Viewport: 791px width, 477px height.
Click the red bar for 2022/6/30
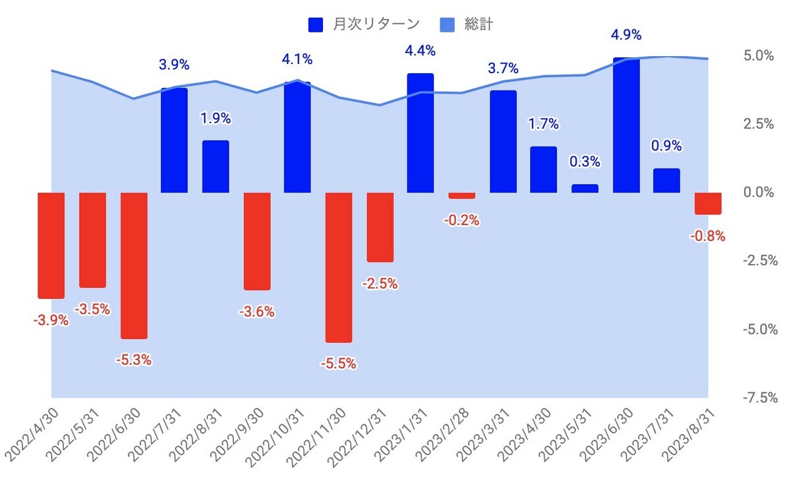[x=134, y=266]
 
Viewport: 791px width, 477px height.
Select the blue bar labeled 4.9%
[x=626, y=125]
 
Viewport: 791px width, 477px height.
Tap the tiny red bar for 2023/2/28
[x=461, y=196]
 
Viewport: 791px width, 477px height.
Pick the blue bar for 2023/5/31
[x=585, y=188]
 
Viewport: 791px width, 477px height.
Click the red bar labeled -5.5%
[x=339, y=267]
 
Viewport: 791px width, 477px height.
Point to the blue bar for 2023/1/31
[x=421, y=133]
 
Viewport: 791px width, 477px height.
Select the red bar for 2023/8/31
[x=708, y=203]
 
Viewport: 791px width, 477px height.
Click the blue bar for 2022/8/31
[x=216, y=166]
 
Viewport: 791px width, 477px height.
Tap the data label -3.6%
[x=256, y=311]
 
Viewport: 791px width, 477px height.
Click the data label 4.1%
[x=297, y=59]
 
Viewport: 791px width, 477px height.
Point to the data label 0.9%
[x=666, y=146]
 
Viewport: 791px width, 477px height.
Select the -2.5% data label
[x=380, y=284]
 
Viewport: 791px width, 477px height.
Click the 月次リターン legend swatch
[x=315, y=25]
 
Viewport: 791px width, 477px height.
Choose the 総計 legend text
[x=479, y=24]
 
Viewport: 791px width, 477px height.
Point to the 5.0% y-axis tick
[x=759, y=56]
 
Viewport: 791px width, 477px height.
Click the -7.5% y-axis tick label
[x=760, y=398]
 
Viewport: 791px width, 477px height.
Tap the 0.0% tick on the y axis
[x=759, y=193]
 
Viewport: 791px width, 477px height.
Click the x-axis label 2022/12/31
[x=359, y=438]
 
